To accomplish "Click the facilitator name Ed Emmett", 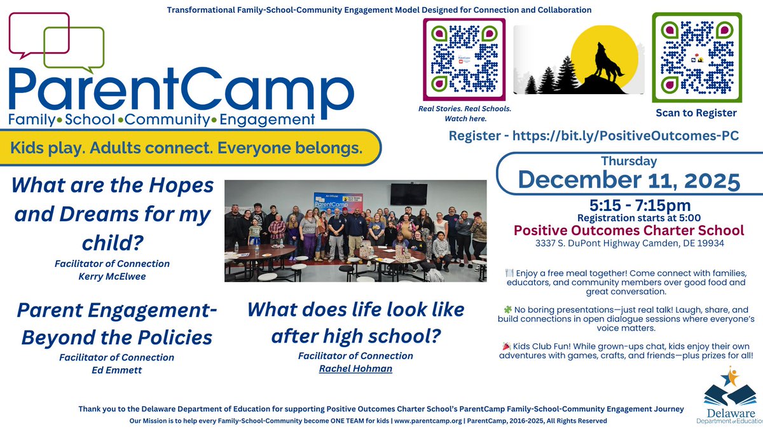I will [x=116, y=369].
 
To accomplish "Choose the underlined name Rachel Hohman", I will [x=355, y=368].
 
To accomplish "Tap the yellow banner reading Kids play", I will [x=191, y=149].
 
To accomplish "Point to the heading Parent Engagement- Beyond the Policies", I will [x=116, y=323].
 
